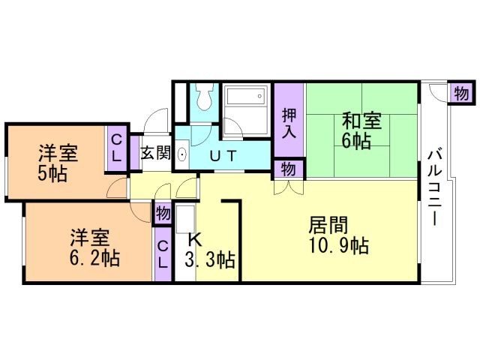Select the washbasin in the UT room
182,154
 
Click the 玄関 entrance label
155,152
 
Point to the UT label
223,156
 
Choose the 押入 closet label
289,123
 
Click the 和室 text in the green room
361,121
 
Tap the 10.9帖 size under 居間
339,245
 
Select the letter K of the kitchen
195,240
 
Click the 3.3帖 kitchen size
210,260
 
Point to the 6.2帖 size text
94,258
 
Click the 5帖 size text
52,174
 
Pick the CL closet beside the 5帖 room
116,148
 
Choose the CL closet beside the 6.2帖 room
163,254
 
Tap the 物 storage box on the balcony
461,93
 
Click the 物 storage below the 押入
288,169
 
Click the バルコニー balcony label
435,187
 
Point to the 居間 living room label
328,225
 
